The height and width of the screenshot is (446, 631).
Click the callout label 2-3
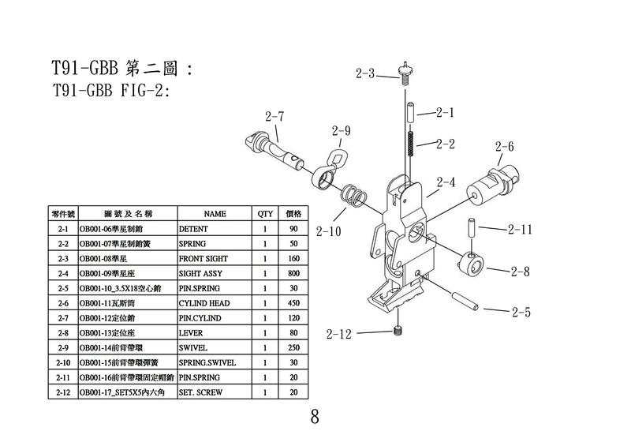pos(365,74)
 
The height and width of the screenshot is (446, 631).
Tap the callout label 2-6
pos(505,147)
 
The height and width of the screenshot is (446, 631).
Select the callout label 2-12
pos(338,334)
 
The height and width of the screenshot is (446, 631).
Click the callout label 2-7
pos(274,117)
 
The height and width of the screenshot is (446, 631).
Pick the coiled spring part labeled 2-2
pos(409,144)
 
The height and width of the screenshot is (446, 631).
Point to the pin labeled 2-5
pos(462,301)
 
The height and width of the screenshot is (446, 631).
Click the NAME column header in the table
pos(215,214)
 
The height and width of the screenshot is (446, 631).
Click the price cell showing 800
pos(293,273)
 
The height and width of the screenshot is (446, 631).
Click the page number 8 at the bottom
pos(315,418)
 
